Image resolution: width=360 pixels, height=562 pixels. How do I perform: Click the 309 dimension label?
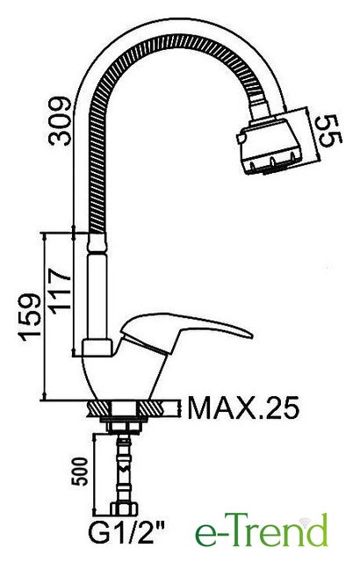click(61, 121)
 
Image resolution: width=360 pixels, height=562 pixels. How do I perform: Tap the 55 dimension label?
click(330, 131)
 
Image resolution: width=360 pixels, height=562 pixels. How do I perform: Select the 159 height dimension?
click(30, 317)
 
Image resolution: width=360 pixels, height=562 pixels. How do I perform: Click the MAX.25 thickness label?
click(243, 407)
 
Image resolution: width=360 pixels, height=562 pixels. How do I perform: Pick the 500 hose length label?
click(80, 472)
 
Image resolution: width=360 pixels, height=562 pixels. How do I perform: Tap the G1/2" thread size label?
click(126, 533)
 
